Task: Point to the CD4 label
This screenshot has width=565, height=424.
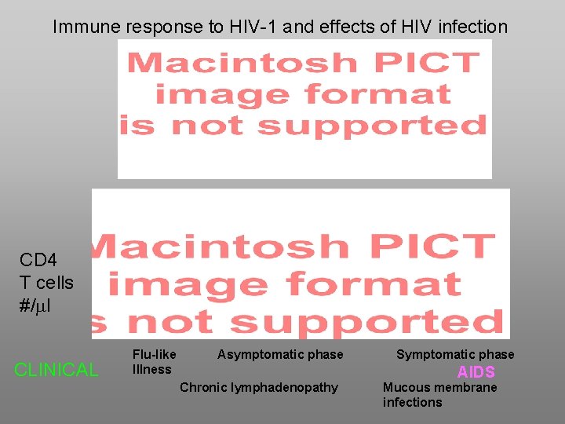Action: point(38,260)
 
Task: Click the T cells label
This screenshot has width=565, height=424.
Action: point(46,283)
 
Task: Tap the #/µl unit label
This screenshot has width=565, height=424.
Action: point(35,305)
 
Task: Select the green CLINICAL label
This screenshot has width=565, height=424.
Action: point(56,370)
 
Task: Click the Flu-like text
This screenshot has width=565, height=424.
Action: point(155,355)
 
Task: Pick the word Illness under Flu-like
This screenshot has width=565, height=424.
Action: point(152,369)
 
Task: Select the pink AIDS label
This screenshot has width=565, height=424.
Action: point(476,372)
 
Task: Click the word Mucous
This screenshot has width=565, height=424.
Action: point(406,387)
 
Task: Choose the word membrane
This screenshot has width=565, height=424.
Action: point(465,387)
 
